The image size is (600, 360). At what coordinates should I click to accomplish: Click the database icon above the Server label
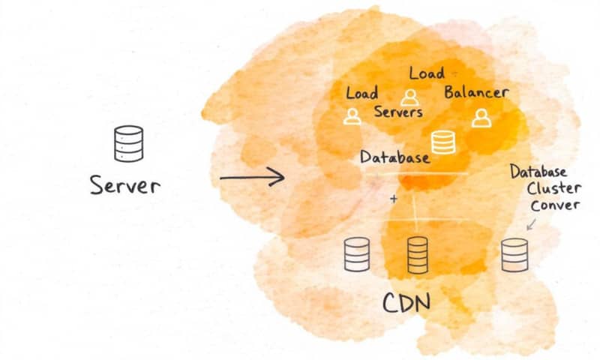tap(128, 143)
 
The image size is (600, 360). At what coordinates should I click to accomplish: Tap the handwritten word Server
tap(124, 184)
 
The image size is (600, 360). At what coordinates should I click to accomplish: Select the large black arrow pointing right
tap(252, 178)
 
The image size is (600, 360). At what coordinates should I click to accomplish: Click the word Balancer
tap(476, 93)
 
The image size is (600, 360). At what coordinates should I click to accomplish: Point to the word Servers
tap(398, 112)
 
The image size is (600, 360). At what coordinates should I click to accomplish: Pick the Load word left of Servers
tap(361, 94)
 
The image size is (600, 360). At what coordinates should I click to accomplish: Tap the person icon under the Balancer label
tap(480, 117)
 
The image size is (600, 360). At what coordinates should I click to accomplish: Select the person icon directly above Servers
tap(409, 97)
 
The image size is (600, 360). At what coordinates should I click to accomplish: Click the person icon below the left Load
tap(352, 115)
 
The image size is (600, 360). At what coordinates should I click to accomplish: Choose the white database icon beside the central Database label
tap(442, 142)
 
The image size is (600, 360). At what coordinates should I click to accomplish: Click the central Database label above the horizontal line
tap(394, 157)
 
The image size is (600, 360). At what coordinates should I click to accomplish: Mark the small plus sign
tap(394, 199)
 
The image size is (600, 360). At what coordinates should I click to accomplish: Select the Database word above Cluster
tap(539, 172)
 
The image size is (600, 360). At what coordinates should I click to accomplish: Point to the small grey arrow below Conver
tap(531, 223)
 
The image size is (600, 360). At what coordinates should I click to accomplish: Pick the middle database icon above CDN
tap(417, 255)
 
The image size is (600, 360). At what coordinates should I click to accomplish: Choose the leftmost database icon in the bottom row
tap(356, 255)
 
